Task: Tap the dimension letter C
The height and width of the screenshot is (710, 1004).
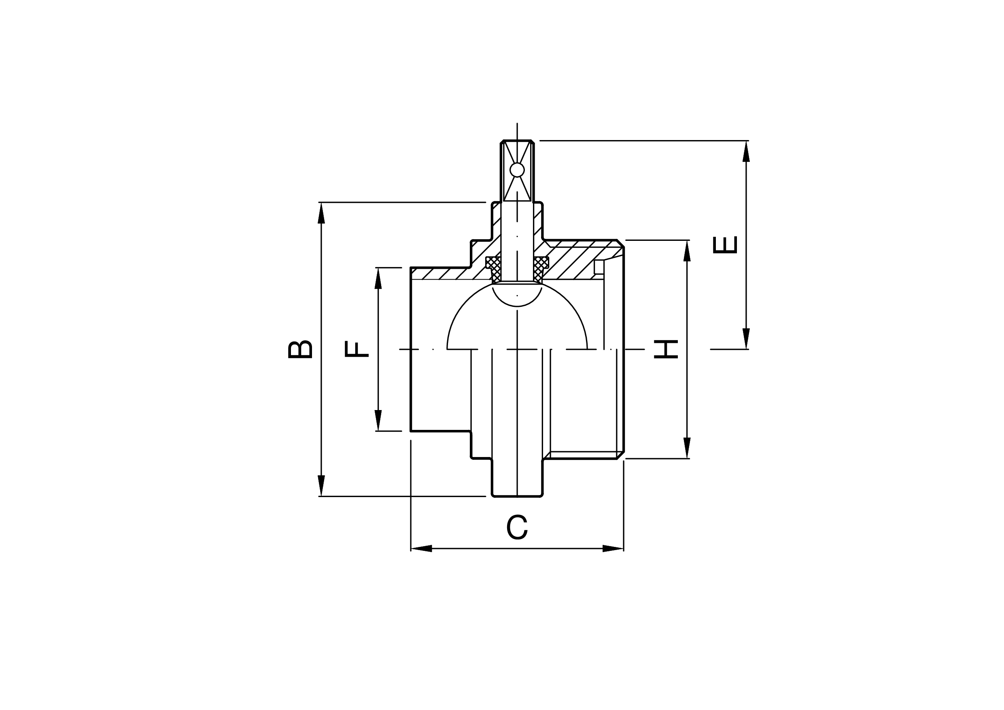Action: [x=517, y=527]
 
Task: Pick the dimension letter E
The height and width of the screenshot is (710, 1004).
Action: [x=725, y=244]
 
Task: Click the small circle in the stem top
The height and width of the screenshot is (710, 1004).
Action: [x=517, y=170]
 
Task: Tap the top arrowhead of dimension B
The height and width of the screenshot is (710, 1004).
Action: [x=321, y=213]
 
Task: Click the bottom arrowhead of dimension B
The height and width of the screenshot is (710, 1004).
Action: [x=321, y=486]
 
